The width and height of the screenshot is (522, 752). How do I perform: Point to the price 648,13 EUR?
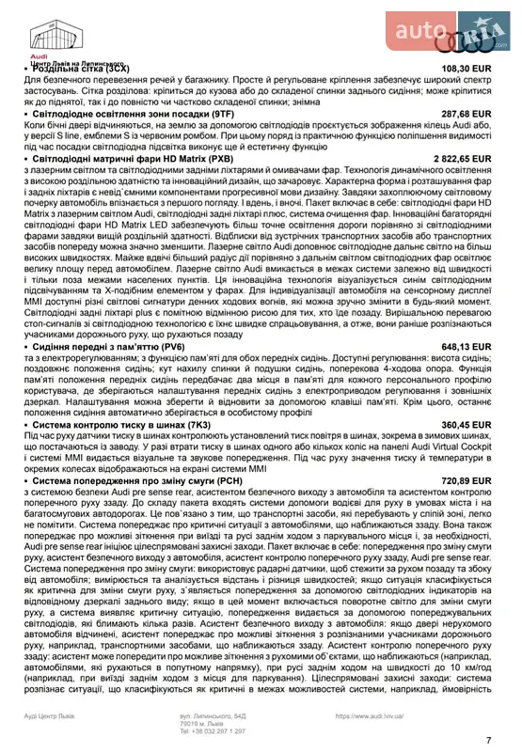coord(467,347)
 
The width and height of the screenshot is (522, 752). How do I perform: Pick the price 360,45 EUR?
coord(467,425)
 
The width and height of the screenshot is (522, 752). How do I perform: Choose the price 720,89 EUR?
coord(467,480)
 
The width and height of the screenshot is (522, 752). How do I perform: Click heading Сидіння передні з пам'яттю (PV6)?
coord(107,347)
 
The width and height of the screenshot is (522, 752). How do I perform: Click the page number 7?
coord(488,740)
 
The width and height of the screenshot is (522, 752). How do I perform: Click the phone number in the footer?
coord(213,730)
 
